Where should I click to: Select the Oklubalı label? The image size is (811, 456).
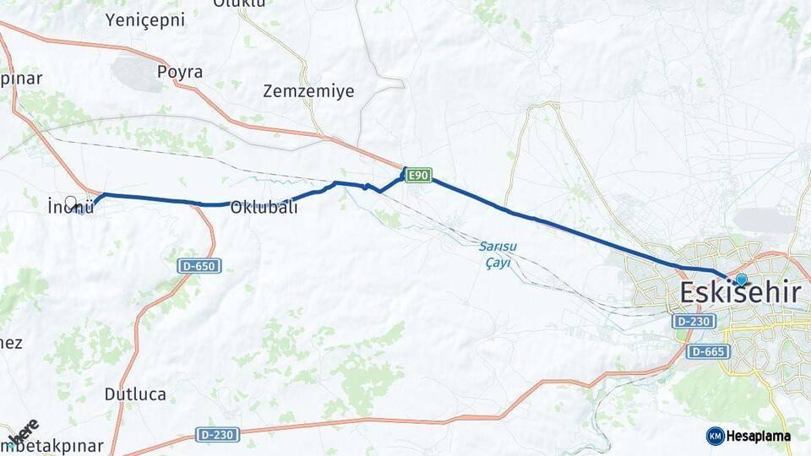pos(264,206)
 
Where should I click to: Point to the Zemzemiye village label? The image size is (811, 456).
pos(308,90)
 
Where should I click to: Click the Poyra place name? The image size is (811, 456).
pos(180,72)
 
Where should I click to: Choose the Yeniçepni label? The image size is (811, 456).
pos(145,20)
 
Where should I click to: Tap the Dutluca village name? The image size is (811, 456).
pos(135,394)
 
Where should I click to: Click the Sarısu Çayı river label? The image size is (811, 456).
pos(498,254)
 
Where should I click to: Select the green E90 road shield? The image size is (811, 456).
pos(417,176)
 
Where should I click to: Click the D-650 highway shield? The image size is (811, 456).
pos(200,266)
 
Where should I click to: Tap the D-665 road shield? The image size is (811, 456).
pos(708,351)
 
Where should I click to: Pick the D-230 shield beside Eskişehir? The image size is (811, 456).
pos(694,322)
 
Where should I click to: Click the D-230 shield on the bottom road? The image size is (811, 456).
pos(218,434)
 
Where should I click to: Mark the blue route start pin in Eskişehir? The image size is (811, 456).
pos(741,280)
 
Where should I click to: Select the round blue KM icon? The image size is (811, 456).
pos(715,436)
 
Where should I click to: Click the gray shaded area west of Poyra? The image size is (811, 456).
pos(138,74)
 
